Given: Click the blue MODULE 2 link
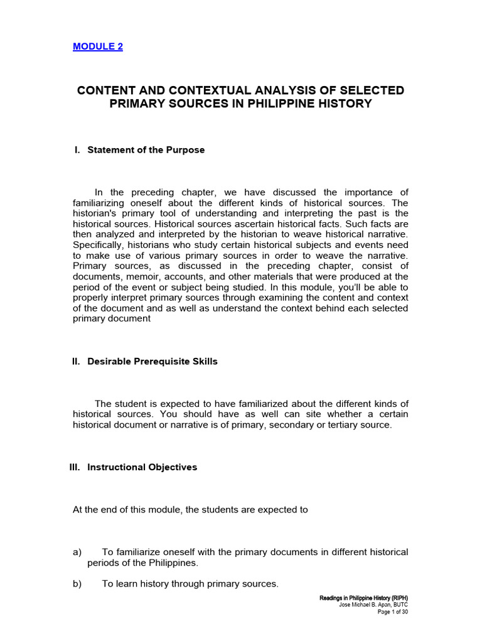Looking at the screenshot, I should (x=98, y=46).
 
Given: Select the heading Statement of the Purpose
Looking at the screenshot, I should (x=146, y=150).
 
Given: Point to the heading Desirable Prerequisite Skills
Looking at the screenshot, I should (x=153, y=362).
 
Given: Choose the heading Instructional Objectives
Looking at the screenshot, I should (x=142, y=467).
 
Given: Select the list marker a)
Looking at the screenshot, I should (x=78, y=552).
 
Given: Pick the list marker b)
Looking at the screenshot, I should (x=78, y=583).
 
